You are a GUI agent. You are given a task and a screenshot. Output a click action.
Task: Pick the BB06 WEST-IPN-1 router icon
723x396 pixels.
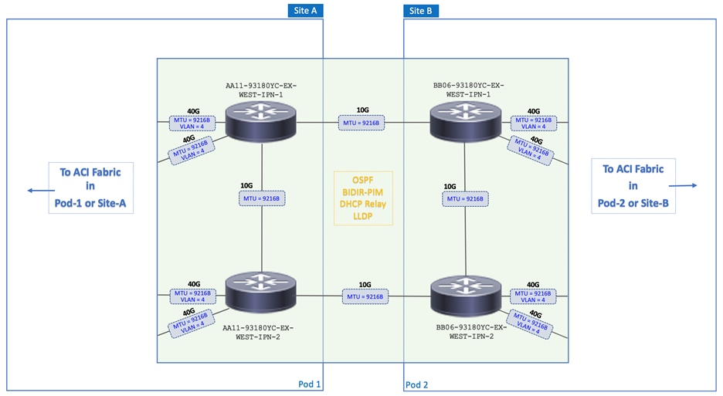465,121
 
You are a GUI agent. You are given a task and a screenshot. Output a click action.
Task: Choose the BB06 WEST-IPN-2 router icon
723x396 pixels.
465,296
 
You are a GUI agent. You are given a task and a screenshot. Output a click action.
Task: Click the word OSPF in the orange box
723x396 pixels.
364,180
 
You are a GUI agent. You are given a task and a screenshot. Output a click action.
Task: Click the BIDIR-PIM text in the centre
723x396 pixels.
364,191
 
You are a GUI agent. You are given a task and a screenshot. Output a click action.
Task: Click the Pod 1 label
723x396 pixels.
309,384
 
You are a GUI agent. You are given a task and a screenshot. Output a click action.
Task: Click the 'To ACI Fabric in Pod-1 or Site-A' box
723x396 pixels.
90,185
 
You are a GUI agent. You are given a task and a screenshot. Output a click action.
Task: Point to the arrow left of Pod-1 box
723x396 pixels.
35,189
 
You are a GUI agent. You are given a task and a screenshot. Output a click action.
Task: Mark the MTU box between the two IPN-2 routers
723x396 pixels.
364,296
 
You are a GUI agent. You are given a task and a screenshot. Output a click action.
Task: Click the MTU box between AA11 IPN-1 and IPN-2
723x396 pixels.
263,198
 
